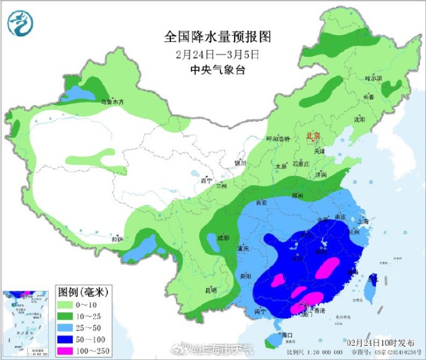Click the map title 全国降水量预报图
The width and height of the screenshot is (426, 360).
pos(218,37)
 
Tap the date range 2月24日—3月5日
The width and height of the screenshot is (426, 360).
pos(218,55)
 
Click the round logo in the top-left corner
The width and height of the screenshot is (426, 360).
pos(20,23)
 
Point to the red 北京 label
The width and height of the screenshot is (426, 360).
pos(313,136)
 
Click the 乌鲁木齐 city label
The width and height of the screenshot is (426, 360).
pos(112,102)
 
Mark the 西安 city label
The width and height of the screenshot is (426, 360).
pos(261,202)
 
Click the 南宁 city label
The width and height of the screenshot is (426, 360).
pos(261,311)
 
